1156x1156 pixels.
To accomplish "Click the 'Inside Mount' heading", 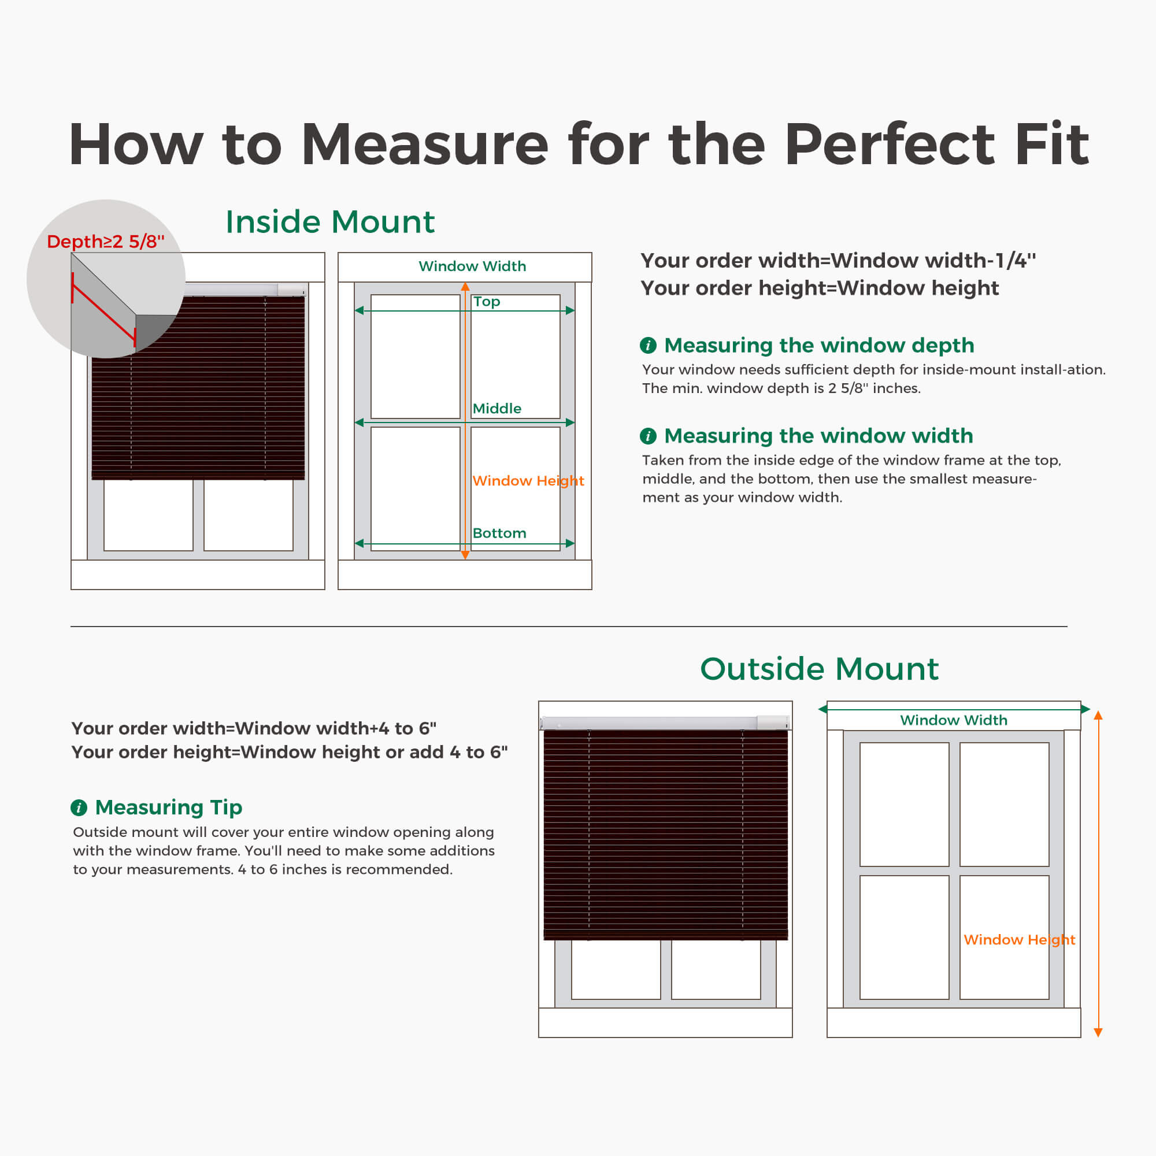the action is click(x=329, y=222).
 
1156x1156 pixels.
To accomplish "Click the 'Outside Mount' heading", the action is click(x=819, y=668).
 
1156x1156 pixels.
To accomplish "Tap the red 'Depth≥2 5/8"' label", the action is click(x=105, y=241).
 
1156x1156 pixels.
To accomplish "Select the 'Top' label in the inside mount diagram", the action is click(x=487, y=302).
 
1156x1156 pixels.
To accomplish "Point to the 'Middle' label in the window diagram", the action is click(x=497, y=409).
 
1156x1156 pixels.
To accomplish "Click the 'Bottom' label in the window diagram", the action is click(x=499, y=533).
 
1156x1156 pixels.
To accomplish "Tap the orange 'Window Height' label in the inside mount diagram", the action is click(x=528, y=480).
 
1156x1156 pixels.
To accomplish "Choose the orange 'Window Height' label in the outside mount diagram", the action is click(x=1019, y=939).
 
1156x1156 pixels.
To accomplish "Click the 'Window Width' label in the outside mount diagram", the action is click(x=954, y=720).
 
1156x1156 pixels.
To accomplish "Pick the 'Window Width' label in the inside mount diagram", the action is click(x=472, y=266).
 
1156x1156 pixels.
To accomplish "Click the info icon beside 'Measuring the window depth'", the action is click(x=648, y=345).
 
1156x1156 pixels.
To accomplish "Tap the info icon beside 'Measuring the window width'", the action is click(x=648, y=436).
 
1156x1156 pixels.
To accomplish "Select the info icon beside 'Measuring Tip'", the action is click(x=79, y=808).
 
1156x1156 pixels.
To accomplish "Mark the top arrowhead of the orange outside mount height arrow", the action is click(x=1098, y=715).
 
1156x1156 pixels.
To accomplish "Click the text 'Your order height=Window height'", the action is click(x=820, y=288).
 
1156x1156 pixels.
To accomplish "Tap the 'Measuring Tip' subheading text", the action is click(x=169, y=808).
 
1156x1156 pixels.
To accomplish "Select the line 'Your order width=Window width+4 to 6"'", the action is click(x=254, y=728).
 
